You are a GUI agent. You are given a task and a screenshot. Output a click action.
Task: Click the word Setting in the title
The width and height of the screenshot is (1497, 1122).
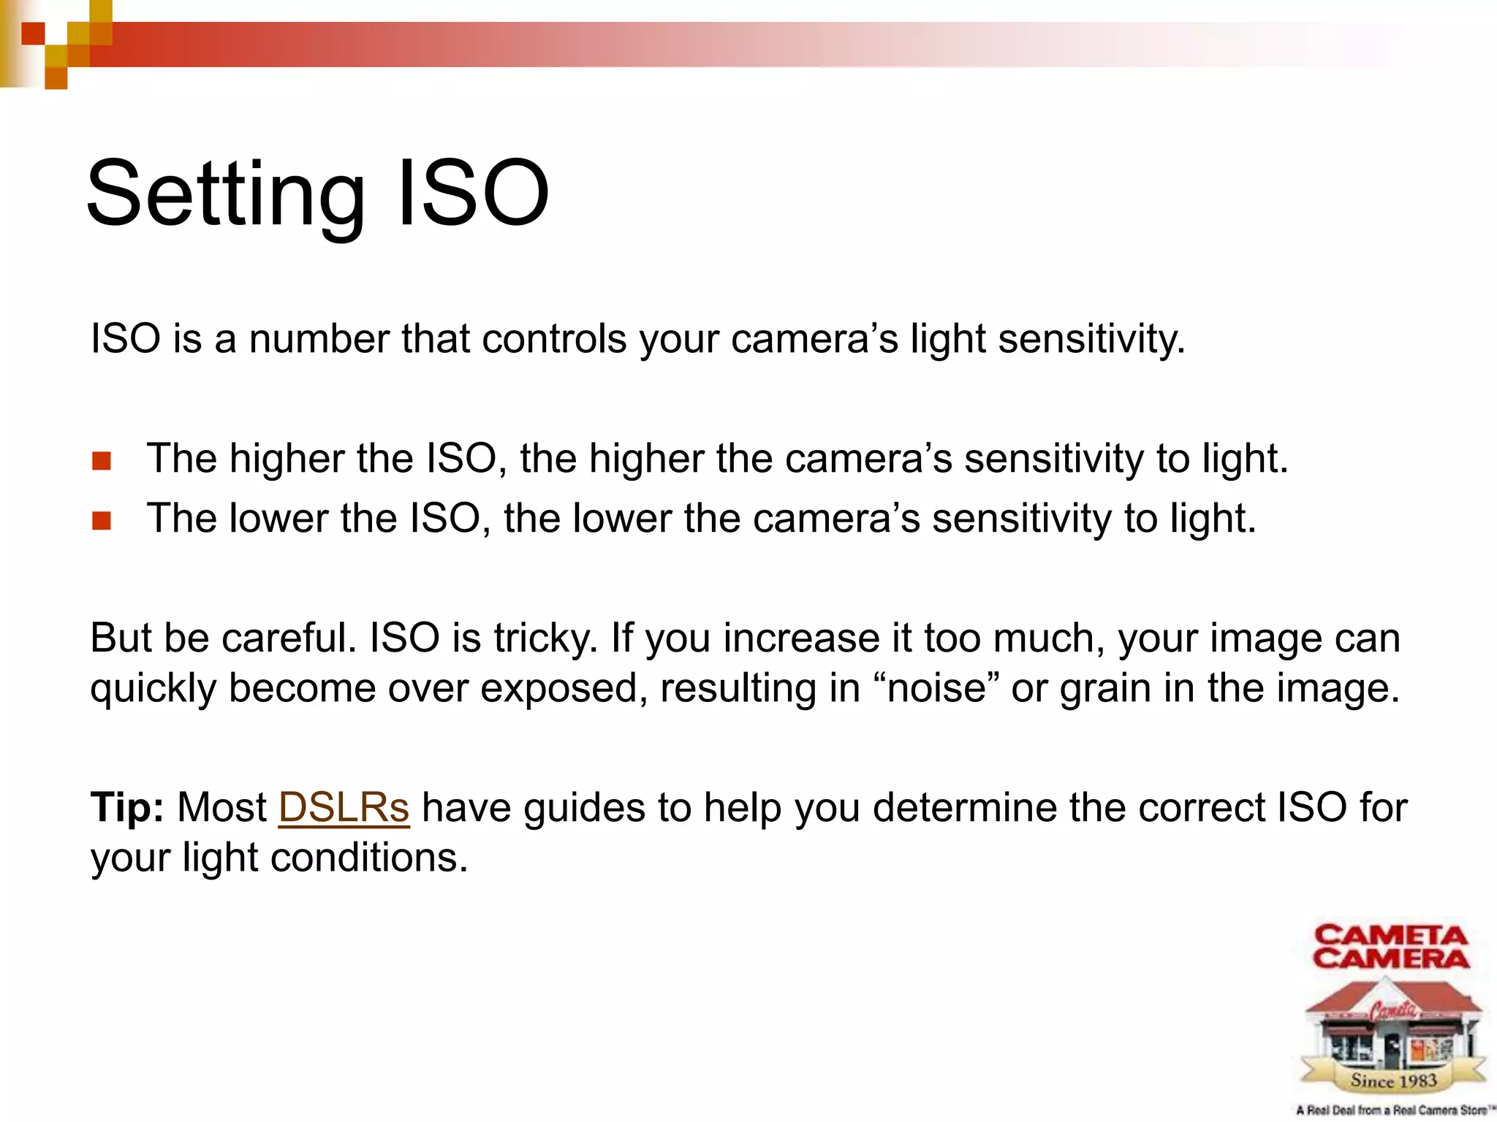click(x=225, y=194)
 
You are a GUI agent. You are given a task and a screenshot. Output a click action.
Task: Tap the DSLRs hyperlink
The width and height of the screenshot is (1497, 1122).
click(x=344, y=808)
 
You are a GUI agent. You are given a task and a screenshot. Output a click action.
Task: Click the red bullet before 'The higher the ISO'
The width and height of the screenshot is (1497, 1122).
click(x=102, y=461)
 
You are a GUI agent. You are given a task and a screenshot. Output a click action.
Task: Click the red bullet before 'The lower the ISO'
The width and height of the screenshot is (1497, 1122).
click(x=102, y=521)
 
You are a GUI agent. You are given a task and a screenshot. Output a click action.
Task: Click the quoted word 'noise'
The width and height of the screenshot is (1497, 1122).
click(x=936, y=688)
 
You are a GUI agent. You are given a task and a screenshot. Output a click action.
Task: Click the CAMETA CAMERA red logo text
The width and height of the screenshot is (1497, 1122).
click(x=1391, y=947)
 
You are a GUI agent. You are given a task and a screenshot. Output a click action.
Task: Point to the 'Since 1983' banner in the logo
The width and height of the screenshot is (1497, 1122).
click(x=1393, y=1080)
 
